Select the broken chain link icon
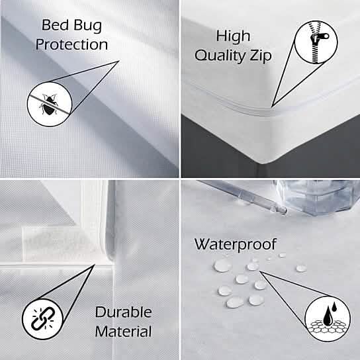(x=44, y=319)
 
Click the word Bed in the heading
(x=56, y=26)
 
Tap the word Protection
(x=71, y=45)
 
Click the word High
(x=233, y=35)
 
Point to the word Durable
(x=123, y=312)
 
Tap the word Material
(x=123, y=331)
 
